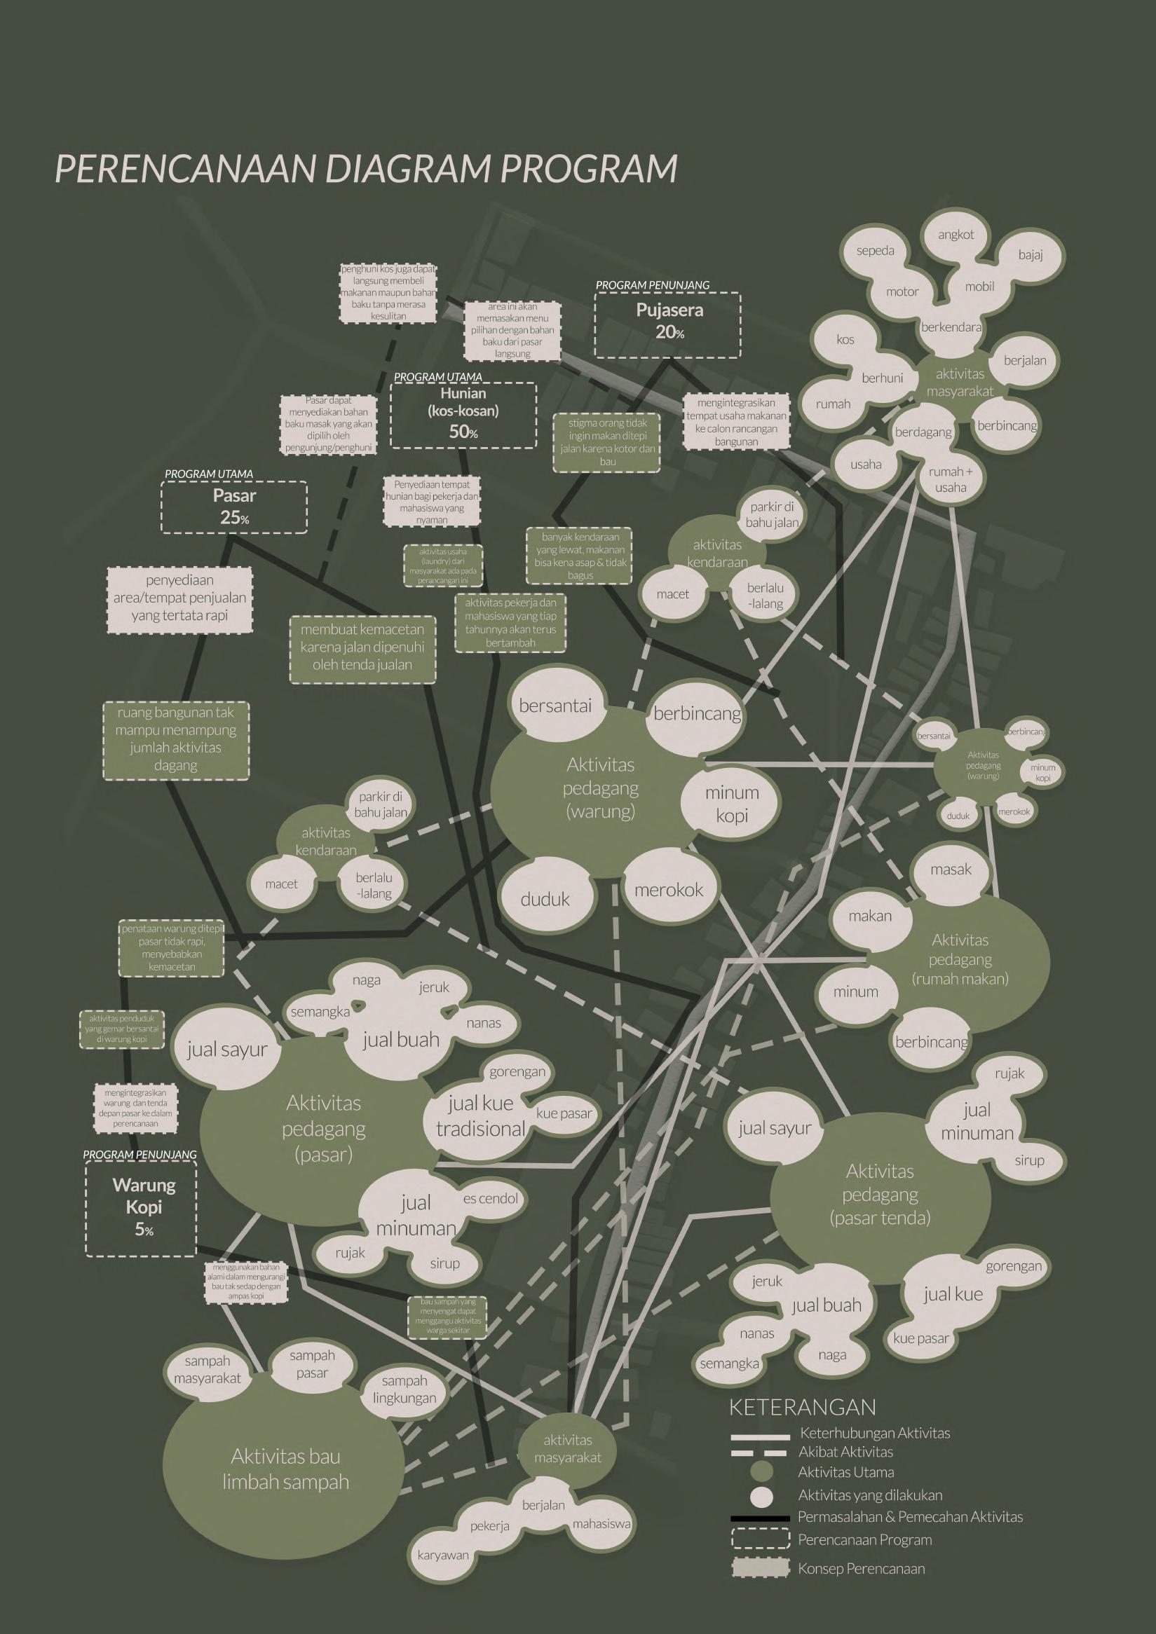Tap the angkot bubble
956,235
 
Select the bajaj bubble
1030,255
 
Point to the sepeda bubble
875,252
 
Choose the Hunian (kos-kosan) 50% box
463,413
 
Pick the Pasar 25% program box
234,507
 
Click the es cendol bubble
491,1198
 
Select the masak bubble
951,870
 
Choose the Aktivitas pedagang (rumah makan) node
960,959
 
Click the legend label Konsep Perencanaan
862,1588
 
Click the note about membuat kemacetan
362,647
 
